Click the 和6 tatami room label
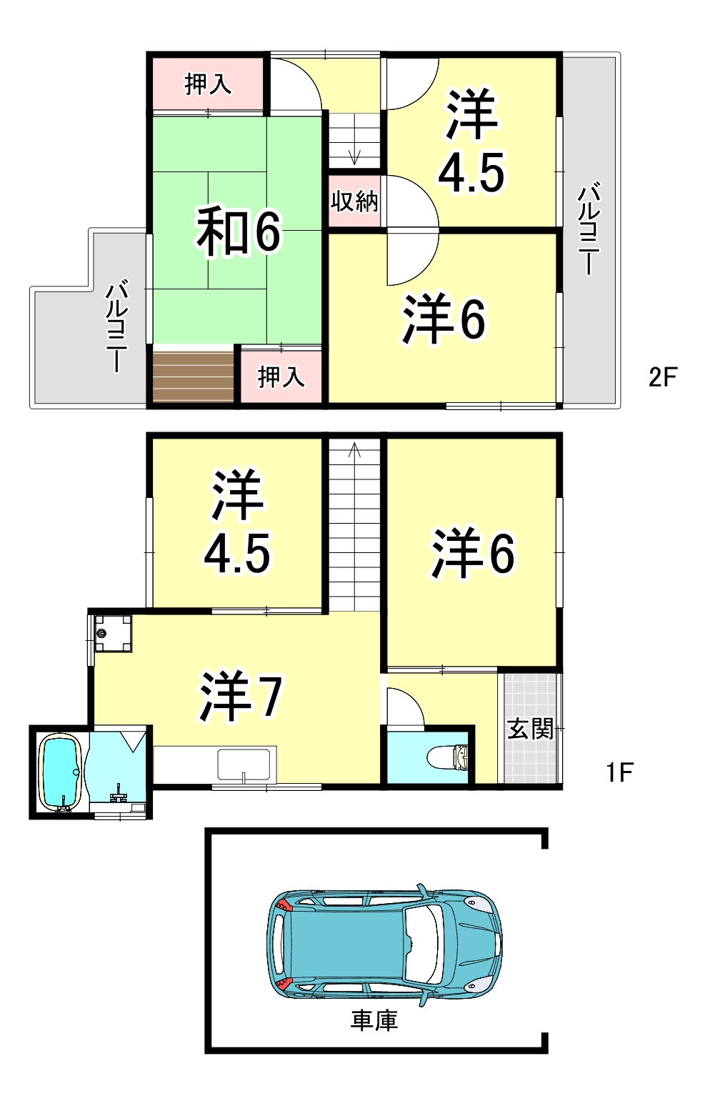click(x=239, y=232)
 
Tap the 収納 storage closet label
click(x=354, y=201)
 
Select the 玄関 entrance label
click(x=530, y=729)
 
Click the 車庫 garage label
click(x=374, y=1020)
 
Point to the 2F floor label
click(x=663, y=377)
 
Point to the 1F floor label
click(x=619, y=772)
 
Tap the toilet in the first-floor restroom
click(x=449, y=757)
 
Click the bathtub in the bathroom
click(x=60, y=772)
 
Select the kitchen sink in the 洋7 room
click(x=244, y=764)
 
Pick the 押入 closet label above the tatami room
click(x=208, y=84)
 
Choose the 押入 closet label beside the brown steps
click(x=281, y=377)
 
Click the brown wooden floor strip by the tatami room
click(x=193, y=377)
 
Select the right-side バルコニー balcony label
click(x=589, y=229)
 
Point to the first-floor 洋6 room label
click(x=473, y=552)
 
